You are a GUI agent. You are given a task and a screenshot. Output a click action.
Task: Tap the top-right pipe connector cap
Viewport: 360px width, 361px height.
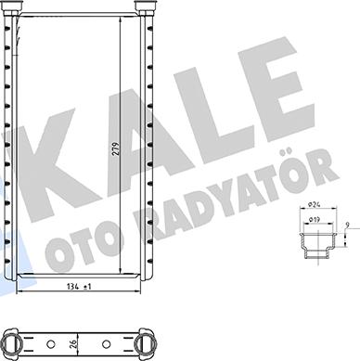pyautogui.click(x=145, y=9)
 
